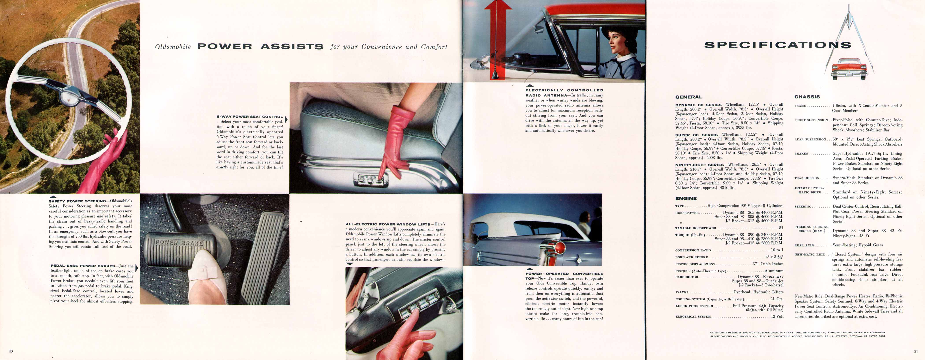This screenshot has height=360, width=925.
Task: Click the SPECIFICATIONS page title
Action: pos(777,45)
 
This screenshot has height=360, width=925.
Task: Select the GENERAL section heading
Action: pos(688,97)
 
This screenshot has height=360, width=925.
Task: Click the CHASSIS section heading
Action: pos(807,97)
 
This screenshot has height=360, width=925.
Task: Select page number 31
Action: pos(916,352)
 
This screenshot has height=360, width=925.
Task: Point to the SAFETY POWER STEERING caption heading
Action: pos(77,201)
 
